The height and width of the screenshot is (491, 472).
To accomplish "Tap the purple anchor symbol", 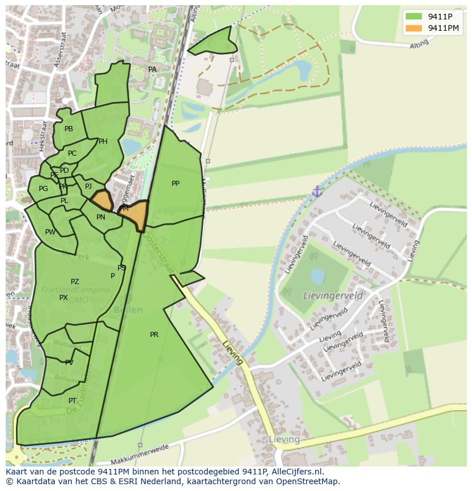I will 318,192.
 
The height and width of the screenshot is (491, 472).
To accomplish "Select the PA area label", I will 152,70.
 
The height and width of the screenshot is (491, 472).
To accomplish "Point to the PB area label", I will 69,129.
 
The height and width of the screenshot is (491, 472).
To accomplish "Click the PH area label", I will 103,141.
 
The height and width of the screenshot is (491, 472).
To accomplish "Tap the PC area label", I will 72,153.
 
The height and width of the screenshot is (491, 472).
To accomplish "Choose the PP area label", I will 176,184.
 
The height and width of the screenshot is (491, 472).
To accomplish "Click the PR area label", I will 154,335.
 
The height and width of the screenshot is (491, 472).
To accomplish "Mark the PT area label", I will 72,401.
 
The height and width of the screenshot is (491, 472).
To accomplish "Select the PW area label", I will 50,232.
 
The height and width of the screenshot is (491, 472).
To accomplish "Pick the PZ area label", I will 75,282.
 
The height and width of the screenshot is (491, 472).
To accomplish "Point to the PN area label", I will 101,217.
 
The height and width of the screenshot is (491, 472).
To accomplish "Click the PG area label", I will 43,189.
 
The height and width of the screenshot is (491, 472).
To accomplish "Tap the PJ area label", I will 88,186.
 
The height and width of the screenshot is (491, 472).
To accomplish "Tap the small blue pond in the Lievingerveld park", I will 317,276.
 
